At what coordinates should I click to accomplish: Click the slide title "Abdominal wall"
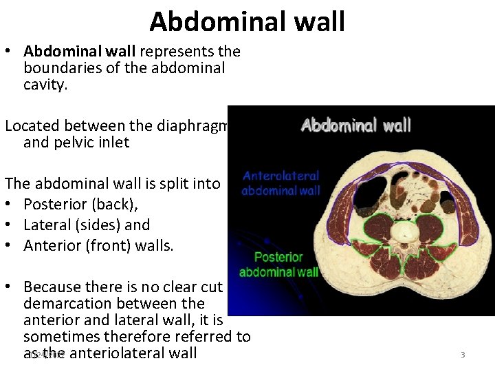click(x=247, y=21)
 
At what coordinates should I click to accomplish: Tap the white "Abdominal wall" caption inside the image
click(x=355, y=125)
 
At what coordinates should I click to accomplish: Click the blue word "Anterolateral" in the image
click(x=280, y=176)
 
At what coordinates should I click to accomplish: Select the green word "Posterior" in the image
click(x=278, y=258)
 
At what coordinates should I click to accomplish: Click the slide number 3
click(x=463, y=355)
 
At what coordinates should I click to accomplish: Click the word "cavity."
click(x=46, y=85)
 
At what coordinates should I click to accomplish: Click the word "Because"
click(x=54, y=287)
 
